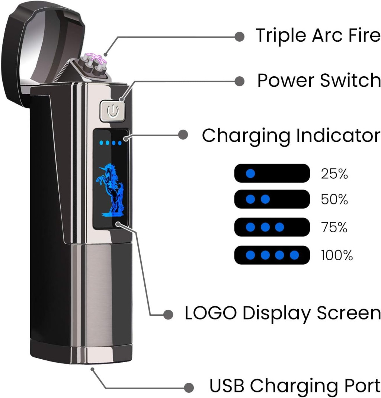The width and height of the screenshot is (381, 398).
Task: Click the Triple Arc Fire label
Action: (x=318, y=36)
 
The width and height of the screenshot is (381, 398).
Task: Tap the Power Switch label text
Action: (x=319, y=80)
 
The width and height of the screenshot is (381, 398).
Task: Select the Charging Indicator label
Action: (x=291, y=136)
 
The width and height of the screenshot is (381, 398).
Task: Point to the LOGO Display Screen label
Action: (x=282, y=313)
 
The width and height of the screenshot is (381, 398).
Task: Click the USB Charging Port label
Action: (x=295, y=386)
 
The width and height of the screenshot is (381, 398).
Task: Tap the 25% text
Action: (x=334, y=173)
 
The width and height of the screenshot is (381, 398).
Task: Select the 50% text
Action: (x=334, y=200)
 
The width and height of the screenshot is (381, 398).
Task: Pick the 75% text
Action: (x=334, y=227)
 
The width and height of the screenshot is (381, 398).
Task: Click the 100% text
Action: (x=336, y=255)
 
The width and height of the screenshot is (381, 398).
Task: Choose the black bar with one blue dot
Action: (x=272, y=173)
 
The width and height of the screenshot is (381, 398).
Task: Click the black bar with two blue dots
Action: (x=272, y=199)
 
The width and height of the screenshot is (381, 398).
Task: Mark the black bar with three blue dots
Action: (x=272, y=227)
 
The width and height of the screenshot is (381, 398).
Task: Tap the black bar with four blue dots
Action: (x=272, y=255)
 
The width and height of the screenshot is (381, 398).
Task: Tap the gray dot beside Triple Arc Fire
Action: (x=240, y=36)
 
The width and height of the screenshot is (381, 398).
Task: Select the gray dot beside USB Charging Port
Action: (x=189, y=386)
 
